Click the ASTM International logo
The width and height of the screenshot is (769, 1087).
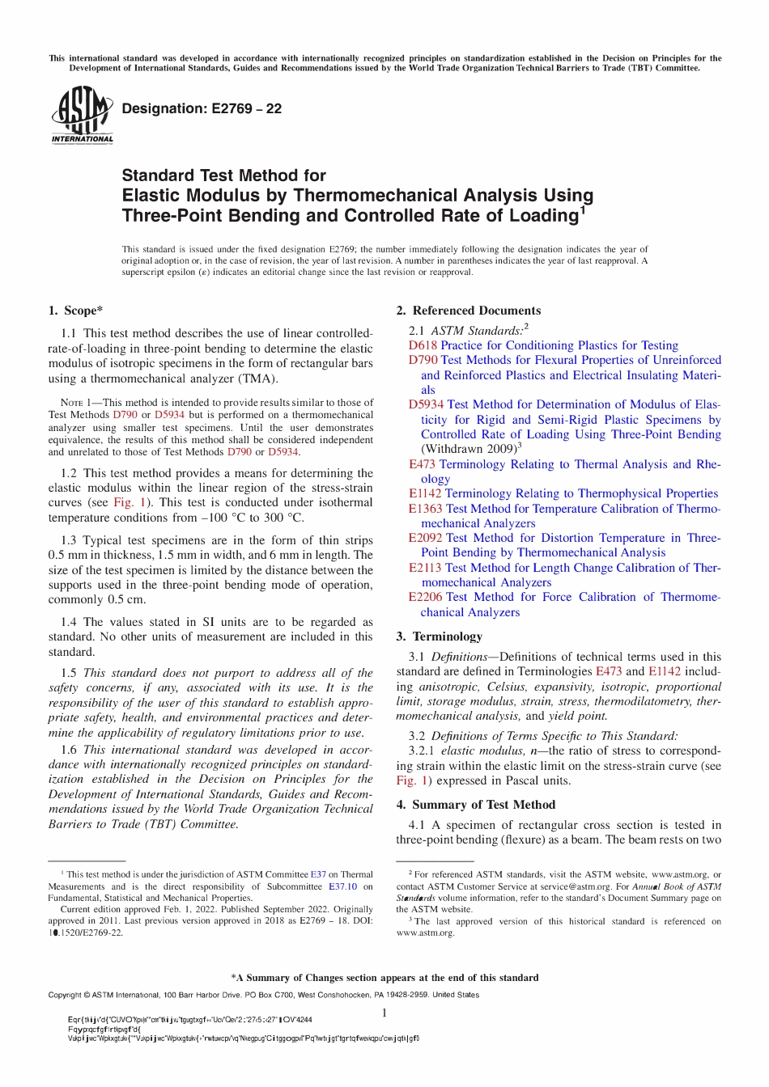pos(82,116)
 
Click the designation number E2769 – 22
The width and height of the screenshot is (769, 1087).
pos(202,109)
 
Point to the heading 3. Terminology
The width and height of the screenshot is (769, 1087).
pos(439,637)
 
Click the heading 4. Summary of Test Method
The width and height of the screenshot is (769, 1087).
pos(475,805)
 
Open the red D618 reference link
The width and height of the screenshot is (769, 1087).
pos(423,345)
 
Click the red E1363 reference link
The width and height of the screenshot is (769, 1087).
pos(425,509)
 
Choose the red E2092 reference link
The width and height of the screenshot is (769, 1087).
pos(425,538)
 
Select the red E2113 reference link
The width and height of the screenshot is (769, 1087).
pos(425,568)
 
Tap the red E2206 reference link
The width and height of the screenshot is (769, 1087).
pos(425,597)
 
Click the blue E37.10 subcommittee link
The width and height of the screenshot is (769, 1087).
pos(342,886)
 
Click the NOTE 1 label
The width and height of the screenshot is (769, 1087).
pos(79,403)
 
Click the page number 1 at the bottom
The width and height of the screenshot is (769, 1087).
pos(384,1013)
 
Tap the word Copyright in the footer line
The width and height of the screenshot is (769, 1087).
pos(68,995)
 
